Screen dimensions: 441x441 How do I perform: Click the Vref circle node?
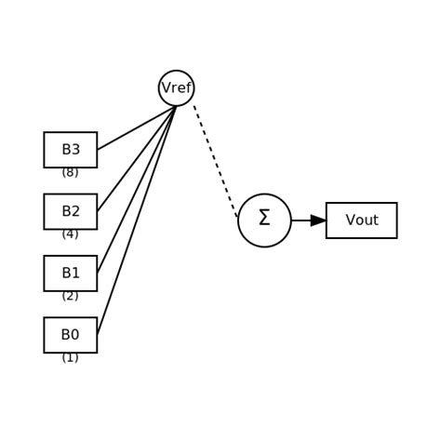[176, 88]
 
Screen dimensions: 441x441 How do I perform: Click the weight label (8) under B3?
[70, 172]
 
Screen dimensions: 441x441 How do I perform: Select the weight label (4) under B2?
[70, 234]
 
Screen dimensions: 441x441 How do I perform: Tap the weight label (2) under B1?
[70, 296]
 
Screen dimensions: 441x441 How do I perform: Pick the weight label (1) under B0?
[70, 357]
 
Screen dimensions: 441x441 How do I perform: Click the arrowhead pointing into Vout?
[318, 220]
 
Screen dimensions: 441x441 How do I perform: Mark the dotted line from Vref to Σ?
[216, 162]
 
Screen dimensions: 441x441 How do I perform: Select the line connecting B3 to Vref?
[136, 128]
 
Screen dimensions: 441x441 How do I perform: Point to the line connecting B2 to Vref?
[136, 159]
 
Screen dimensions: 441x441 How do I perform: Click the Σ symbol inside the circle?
[264, 219]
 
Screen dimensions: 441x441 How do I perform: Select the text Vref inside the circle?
[176, 88]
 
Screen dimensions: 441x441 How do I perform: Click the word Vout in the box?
[361, 220]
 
